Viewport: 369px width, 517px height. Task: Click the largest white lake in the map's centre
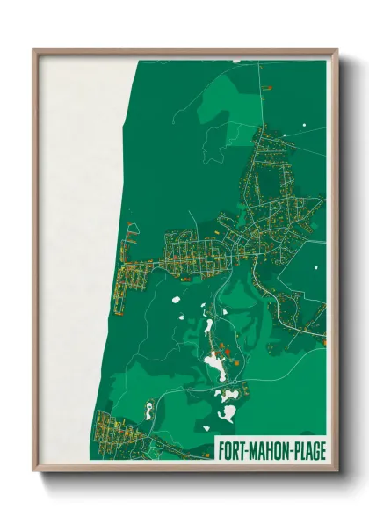point(214,365)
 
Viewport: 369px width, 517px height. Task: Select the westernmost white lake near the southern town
point(149,410)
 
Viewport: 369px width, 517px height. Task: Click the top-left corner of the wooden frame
point(34,51)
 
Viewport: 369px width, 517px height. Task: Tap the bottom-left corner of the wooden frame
point(34,470)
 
